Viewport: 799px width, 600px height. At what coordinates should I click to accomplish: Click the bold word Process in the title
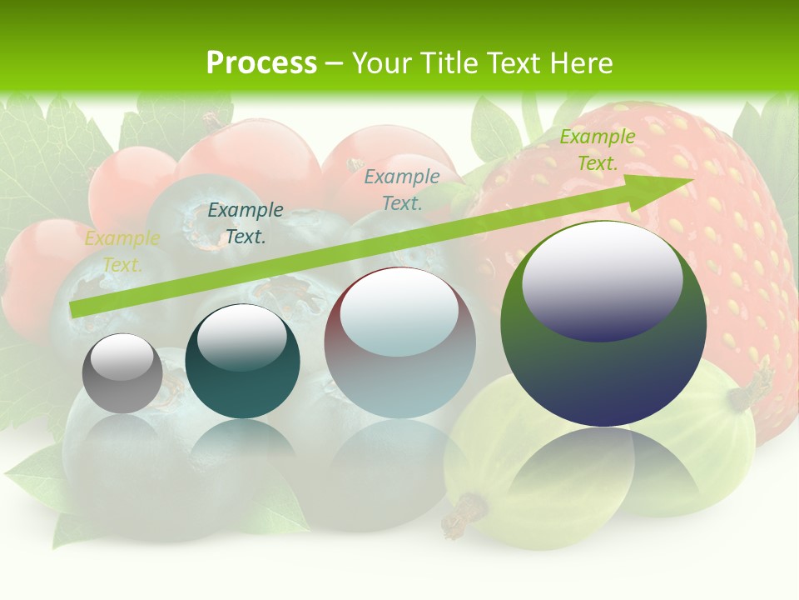coord(261,63)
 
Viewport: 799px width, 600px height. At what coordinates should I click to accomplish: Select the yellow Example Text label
coord(122,252)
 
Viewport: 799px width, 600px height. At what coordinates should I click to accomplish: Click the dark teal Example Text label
coord(245,223)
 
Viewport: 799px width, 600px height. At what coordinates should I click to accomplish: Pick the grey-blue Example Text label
coord(402,189)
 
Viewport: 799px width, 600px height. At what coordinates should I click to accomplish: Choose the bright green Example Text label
coord(597,150)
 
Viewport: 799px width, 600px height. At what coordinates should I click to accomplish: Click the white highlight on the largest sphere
coord(602,279)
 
